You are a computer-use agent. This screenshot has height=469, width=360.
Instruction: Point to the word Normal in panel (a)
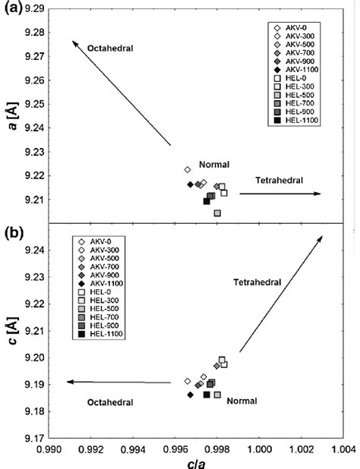(x=214, y=165)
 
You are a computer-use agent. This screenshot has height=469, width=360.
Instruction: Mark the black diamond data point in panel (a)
(x=191, y=184)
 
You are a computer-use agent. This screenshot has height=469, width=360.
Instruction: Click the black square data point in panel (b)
(x=207, y=395)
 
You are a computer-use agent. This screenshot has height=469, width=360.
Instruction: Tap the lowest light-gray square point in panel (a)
(x=217, y=213)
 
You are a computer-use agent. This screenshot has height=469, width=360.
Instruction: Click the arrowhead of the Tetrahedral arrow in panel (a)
(x=318, y=194)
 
